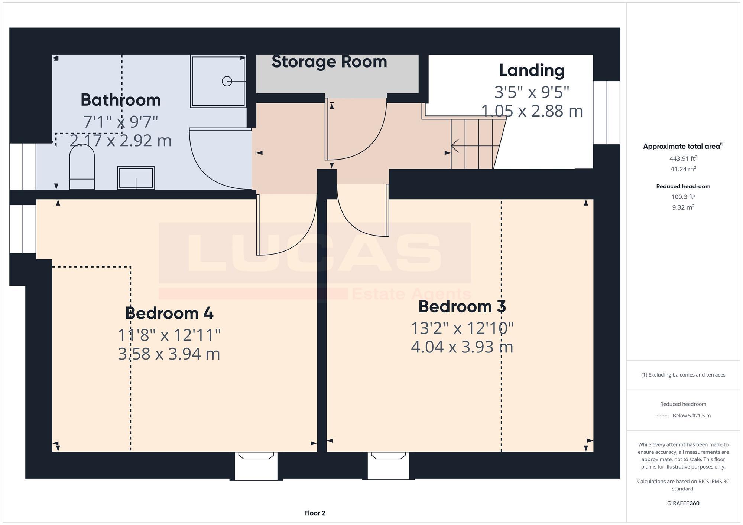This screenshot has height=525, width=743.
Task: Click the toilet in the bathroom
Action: coord(82,167)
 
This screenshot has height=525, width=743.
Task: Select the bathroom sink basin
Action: coord(136,178)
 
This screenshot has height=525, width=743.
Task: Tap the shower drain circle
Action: coord(227,81)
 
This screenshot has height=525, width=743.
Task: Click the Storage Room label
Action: coord(329,62)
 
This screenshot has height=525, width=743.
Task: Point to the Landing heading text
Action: coord(531,70)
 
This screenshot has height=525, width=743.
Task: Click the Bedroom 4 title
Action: coord(169,313)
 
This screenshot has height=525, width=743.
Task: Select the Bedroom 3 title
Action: coord(462,306)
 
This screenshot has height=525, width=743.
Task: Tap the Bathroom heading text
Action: coord(120,100)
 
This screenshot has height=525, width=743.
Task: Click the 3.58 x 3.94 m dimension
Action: coord(169,354)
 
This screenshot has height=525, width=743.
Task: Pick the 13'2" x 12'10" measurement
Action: coord(462,328)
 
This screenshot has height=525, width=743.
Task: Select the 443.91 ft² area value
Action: coord(683,158)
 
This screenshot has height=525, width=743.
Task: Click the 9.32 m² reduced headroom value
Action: coord(683,207)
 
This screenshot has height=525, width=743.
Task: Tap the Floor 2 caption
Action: coord(315,513)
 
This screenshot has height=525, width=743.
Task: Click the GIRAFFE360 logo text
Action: coord(683,503)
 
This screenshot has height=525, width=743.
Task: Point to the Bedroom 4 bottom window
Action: coord(256,466)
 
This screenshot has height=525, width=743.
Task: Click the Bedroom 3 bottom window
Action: coord(388,466)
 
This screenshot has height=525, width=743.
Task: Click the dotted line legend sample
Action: coord(662,416)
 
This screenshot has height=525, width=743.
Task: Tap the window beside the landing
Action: coord(606,112)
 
